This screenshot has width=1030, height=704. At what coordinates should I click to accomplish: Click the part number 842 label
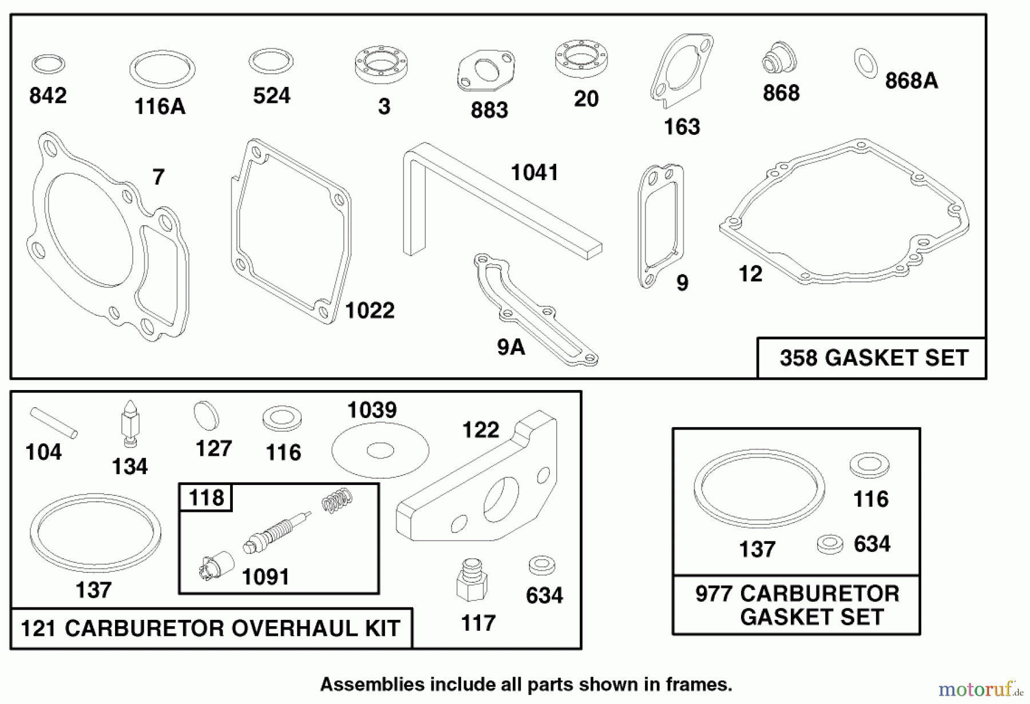point(48,96)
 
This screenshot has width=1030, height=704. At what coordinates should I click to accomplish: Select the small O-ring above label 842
point(48,64)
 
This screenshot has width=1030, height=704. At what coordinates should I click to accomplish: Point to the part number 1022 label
point(370,311)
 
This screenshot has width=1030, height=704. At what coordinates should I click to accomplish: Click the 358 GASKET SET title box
point(873,358)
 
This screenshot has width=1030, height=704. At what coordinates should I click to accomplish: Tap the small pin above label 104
point(54,422)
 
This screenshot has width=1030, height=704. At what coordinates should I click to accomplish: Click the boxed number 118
point(206,498)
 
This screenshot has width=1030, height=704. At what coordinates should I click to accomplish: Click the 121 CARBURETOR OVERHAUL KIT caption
point(211,628)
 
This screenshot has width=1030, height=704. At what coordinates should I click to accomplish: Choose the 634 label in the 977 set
point(871,544)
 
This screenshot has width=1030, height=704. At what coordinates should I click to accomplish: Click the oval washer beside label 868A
point(865,63)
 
